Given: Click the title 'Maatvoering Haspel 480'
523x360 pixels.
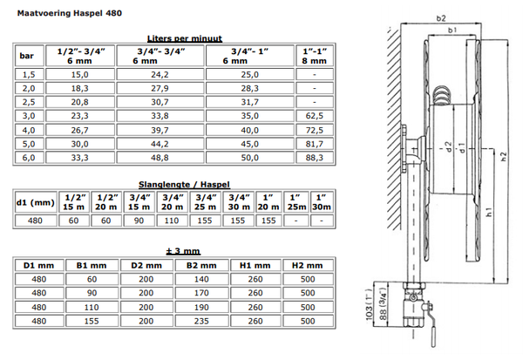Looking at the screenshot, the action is click(70, 13).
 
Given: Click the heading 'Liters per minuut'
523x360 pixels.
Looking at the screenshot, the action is click(185, 38).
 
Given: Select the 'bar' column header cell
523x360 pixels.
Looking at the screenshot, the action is click(30, 56).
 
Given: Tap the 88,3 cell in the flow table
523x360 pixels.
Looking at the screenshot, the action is click(315, 158).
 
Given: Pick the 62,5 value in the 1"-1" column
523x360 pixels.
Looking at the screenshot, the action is click(315, 116).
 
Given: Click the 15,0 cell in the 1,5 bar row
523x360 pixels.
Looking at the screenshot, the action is click(80, 74).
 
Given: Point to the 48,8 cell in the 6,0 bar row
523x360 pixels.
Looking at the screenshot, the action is click(160, 158).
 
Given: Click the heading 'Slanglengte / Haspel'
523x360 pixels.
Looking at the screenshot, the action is click(184, 185).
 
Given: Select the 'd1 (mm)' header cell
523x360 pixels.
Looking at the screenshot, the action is click(36, 202).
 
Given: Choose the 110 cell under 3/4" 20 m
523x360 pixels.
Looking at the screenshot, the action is click(172, 221).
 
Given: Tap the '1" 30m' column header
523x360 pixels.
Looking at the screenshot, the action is click(322, 202).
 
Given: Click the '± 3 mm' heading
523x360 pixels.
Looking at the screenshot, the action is click(183, 251).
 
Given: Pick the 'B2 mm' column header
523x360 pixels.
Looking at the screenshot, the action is click(201, 266).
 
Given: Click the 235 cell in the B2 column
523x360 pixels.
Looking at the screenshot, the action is click(201, 321).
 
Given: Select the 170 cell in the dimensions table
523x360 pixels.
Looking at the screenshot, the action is click(201, 293).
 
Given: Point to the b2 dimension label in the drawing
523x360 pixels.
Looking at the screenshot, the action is click(441, 18).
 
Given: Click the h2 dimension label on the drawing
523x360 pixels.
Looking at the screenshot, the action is click(504, 157).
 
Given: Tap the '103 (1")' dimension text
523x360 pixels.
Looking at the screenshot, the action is click(370, 304).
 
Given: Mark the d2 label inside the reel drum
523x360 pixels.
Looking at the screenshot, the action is click(449, 146).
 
